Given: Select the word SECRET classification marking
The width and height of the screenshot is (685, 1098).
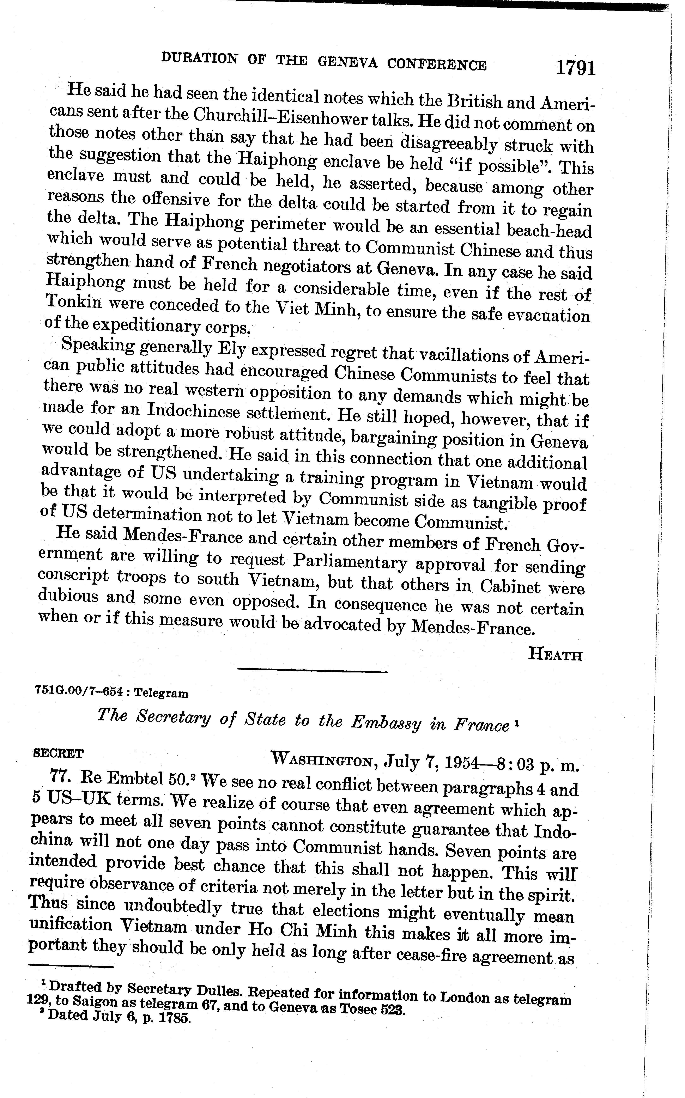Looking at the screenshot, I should pos(59,753).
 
